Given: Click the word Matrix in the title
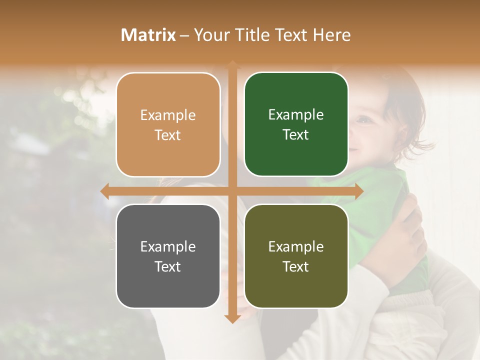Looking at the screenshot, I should click(148, 35).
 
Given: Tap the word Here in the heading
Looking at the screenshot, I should click(332, 35).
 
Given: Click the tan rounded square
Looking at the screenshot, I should click(168, 124).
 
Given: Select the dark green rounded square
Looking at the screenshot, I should click(296, 124).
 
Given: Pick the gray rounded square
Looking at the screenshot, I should click(168, 256).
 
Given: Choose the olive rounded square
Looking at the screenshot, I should click(296, 256).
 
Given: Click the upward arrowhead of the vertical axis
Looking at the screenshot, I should click(232, 64).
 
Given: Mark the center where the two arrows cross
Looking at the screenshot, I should click(232, 191).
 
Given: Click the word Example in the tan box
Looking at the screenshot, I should click(168, 115).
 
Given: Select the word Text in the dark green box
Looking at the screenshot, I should click(296, 135).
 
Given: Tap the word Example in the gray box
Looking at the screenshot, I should click(168, 247).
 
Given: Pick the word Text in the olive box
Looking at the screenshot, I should click(296, 266).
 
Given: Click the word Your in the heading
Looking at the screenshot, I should click(210, 35).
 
